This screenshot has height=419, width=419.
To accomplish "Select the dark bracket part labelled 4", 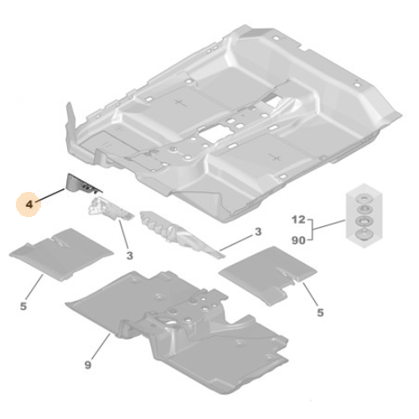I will (x=83, y=182).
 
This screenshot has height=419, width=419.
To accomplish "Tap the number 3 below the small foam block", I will (x=129, y=254).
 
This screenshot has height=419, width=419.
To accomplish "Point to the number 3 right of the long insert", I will (x=258, y=231).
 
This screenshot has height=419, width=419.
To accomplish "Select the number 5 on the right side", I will (x=319, y=313).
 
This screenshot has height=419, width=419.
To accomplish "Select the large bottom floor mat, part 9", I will (x=180, y=323).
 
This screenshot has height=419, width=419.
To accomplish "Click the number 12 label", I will (x=297, y=220).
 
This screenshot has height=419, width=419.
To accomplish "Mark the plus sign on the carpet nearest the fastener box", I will (x=272, y=157).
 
